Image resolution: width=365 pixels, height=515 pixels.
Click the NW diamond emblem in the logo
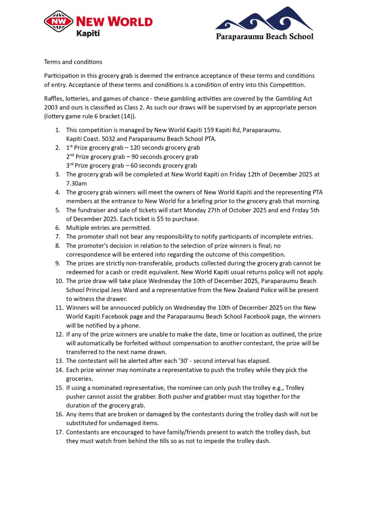58,21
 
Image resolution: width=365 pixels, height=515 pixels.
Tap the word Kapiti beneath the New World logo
88,33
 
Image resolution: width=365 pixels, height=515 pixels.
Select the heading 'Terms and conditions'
73,62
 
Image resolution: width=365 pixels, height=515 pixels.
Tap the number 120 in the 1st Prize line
135,148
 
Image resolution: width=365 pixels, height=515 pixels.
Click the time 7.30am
76,183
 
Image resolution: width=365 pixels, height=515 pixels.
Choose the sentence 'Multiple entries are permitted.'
108,228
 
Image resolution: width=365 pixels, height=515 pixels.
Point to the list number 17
59,432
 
